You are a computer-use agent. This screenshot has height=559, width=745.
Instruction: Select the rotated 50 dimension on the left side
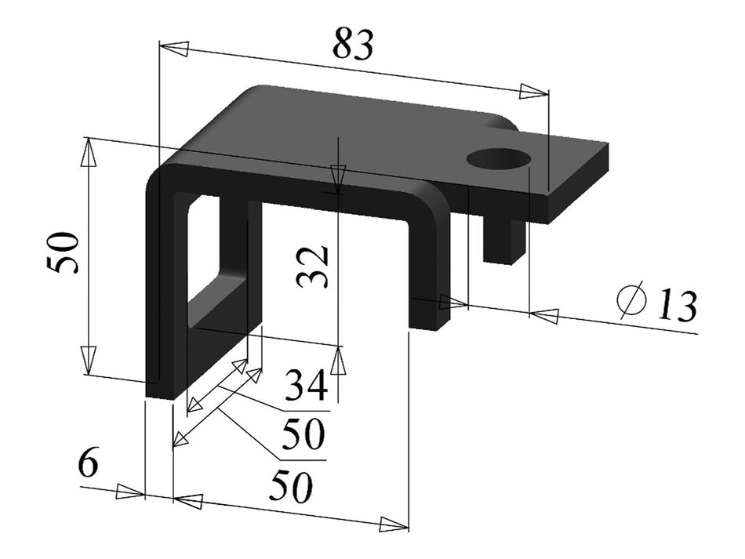point(65,252)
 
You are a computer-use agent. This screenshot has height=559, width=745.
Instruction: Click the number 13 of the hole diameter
point(676,307)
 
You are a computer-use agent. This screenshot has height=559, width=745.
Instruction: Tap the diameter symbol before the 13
point(631,300)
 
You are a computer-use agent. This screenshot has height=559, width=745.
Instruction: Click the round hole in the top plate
point(499,158)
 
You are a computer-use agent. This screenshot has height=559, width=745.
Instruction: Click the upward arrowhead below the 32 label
point(337,361)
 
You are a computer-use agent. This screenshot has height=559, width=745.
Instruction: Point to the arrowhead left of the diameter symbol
point(545,315)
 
